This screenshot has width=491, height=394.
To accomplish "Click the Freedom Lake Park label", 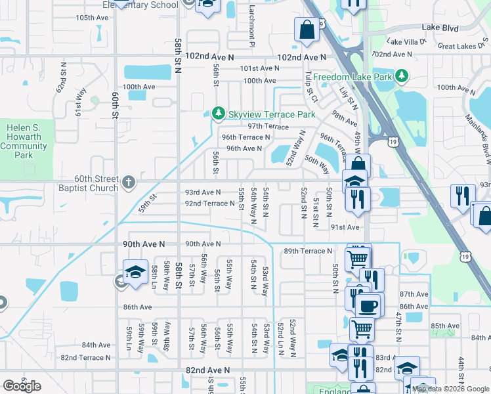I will click(352, 77).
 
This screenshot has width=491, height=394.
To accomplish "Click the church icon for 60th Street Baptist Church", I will click(129, 181).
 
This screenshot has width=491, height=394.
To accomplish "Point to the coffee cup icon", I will click(368, 305).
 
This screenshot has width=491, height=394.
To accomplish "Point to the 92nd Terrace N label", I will click(209, 204).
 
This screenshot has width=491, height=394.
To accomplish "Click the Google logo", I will click(22, 386).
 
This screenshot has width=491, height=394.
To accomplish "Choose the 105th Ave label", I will click(92, 17).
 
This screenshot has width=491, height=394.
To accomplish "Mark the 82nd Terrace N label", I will click(85, 358).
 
